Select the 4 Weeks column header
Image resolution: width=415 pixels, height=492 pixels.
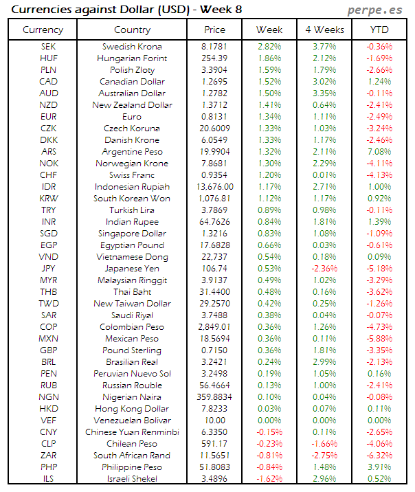click(x=324, y=30)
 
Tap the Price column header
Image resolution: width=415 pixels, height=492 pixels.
click(x=214, y=30)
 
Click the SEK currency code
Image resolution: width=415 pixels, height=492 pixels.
click(x=43, y=47)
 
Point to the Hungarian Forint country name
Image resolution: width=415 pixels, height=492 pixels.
click(x=132, y=58)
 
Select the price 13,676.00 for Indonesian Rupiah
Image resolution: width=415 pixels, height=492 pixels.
click(x=214, y=187)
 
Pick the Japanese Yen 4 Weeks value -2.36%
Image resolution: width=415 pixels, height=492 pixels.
click(x=324, y=269)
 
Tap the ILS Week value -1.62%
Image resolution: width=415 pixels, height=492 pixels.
click(x=269, y=479)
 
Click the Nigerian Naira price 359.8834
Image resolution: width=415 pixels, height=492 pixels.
click(x=214, y=397)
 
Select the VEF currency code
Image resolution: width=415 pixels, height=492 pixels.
click(x=43, y=421)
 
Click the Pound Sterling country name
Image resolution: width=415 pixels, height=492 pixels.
click(x=132, y=350)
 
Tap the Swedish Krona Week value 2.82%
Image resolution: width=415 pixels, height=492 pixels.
click(x=269, y=47)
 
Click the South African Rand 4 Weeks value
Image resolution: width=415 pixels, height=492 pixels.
click(x=324, y=456)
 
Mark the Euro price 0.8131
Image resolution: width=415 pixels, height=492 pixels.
click(x=214, y=117)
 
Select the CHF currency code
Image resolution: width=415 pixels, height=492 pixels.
click(x=43, y=175)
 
